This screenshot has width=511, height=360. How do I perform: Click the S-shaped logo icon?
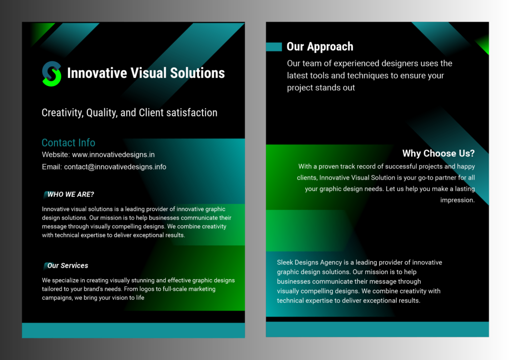[x=51, y=74]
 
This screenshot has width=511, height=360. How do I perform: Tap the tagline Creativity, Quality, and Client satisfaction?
[x=129, y=113]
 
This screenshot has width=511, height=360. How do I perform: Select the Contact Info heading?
[x=68, y=143]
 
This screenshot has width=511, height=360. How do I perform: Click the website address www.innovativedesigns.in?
[x=113, y=155]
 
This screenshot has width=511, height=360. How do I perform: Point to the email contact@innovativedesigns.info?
[x=115, y=167]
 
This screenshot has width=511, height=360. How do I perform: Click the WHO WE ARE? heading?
[x=70, y=194]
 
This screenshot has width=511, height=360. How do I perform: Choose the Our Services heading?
[x=67, y=266]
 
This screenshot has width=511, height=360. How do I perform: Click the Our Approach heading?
[x=319, y=47]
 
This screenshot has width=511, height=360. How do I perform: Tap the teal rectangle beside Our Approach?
[x=274, y=47]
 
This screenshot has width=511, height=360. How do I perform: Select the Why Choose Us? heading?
[x=438, y=153]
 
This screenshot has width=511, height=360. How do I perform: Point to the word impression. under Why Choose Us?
[x=457, y=200]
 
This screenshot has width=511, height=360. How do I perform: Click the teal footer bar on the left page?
[x=133, y=330]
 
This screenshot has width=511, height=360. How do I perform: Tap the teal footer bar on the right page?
[x=377, y=329]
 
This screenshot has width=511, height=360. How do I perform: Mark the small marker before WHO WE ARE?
[x=45, y=194]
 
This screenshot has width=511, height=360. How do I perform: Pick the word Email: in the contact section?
[x=52, y=167]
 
